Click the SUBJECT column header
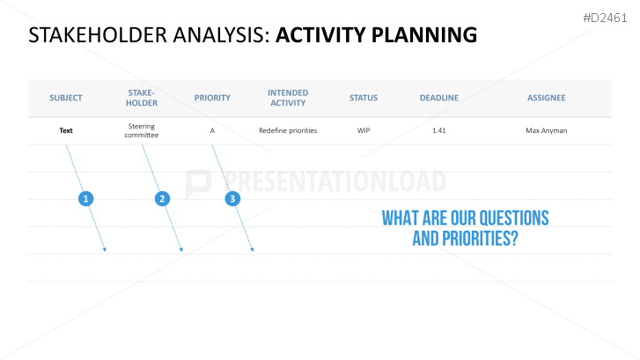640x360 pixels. click(x=66, y=98)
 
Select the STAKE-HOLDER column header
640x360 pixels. click(x=141, y=98)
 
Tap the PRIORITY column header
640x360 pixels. click(x=212, y=98)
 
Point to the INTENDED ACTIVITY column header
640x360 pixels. click(x=288, y=98)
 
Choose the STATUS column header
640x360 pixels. click(x=364, y=98)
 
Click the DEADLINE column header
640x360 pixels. click(x=439, y=98)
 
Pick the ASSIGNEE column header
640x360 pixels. click(x=546, y=98)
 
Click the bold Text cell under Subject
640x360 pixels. click(x=66, y=130)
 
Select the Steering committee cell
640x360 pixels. click(x=141, y=130)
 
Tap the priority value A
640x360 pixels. click(x=212, y=130)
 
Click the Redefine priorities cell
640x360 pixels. click(x=288, y=130)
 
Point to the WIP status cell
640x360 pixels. click(x=364, y=130)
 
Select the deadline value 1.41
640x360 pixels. click(x=439, y=130)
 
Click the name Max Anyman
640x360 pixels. click(x=546, y=130)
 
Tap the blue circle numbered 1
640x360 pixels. click(x=85, y=199)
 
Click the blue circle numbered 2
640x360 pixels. click(x=162, y=199)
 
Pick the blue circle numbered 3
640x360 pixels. click(x=232, y=199)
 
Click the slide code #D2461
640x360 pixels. click(x=605, y=18)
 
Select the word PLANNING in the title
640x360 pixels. click(x=424, y=35)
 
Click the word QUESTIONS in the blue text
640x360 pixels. click(x=514, y=218)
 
